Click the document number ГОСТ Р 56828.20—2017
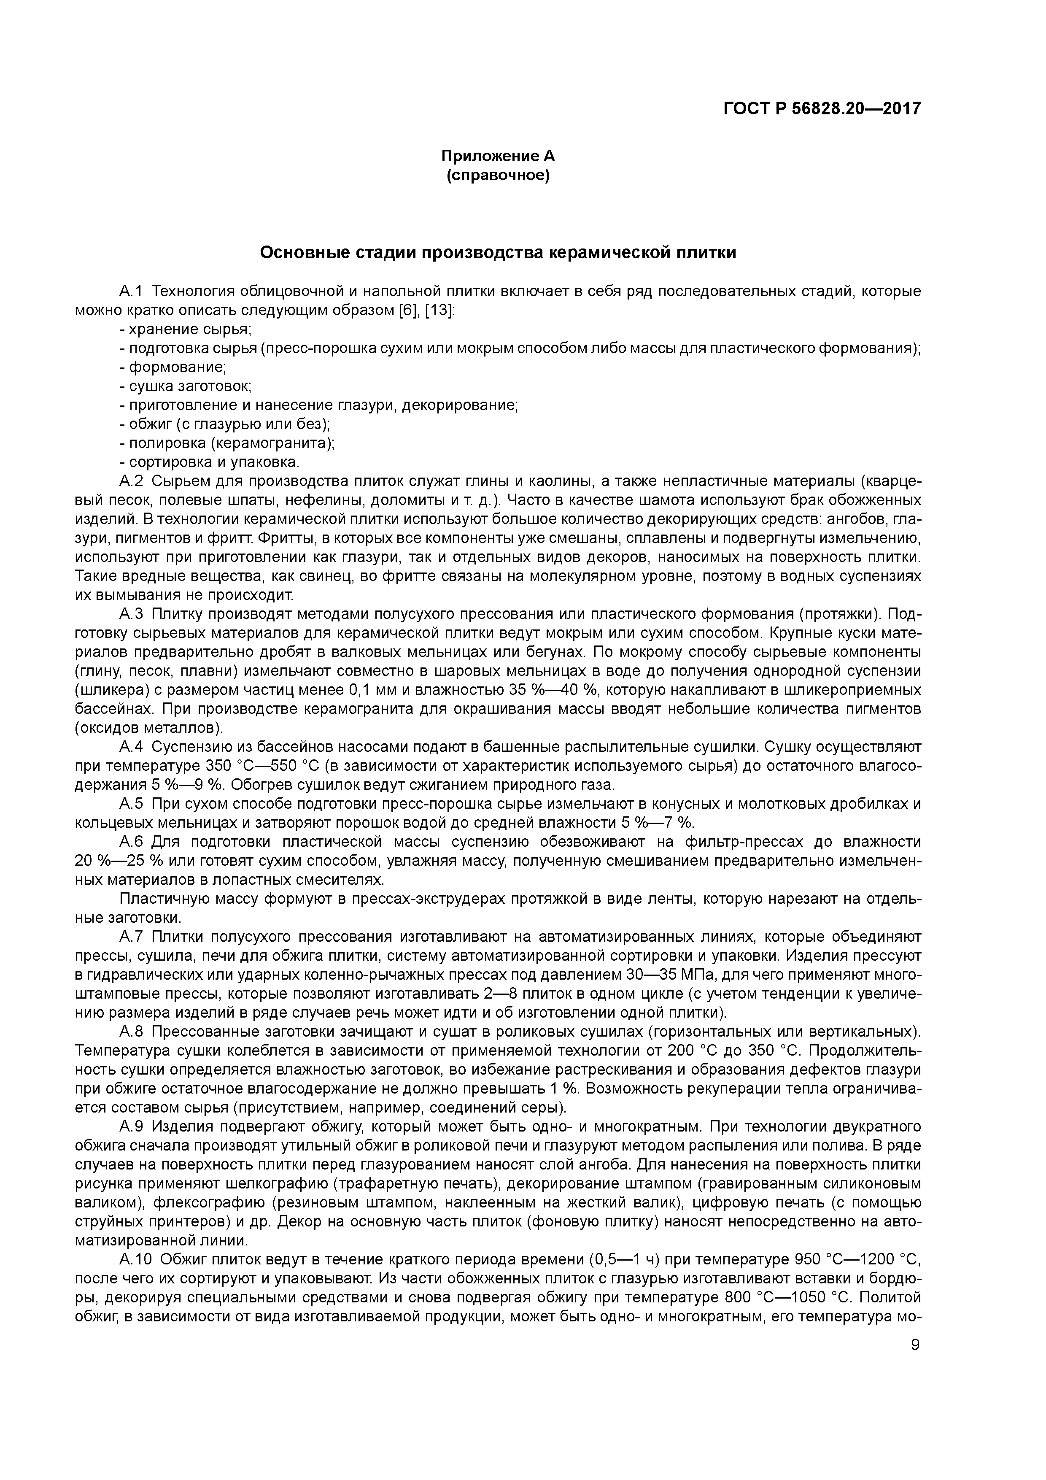click(822, 109)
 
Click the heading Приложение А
click(498, 156)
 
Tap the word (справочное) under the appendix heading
click(498, 176)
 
